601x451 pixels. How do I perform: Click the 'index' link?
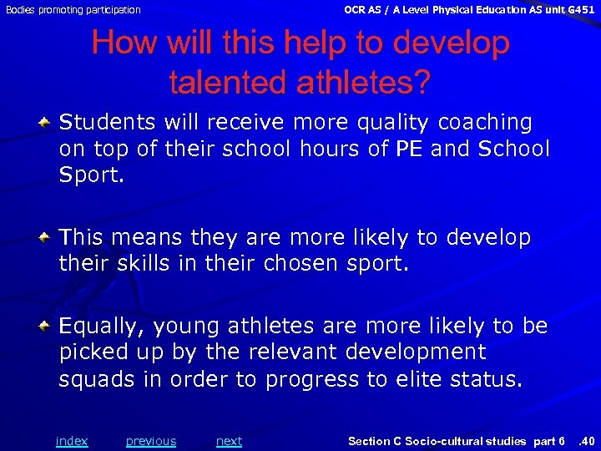tap(71, 441)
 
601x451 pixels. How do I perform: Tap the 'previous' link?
tap(151, 441)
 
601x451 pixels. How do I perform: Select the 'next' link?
tap(229, 441)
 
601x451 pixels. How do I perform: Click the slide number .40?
tap(587, 441)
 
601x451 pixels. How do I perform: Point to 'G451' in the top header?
tap(579, 10)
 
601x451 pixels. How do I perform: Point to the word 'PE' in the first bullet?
tap(409, 149)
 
